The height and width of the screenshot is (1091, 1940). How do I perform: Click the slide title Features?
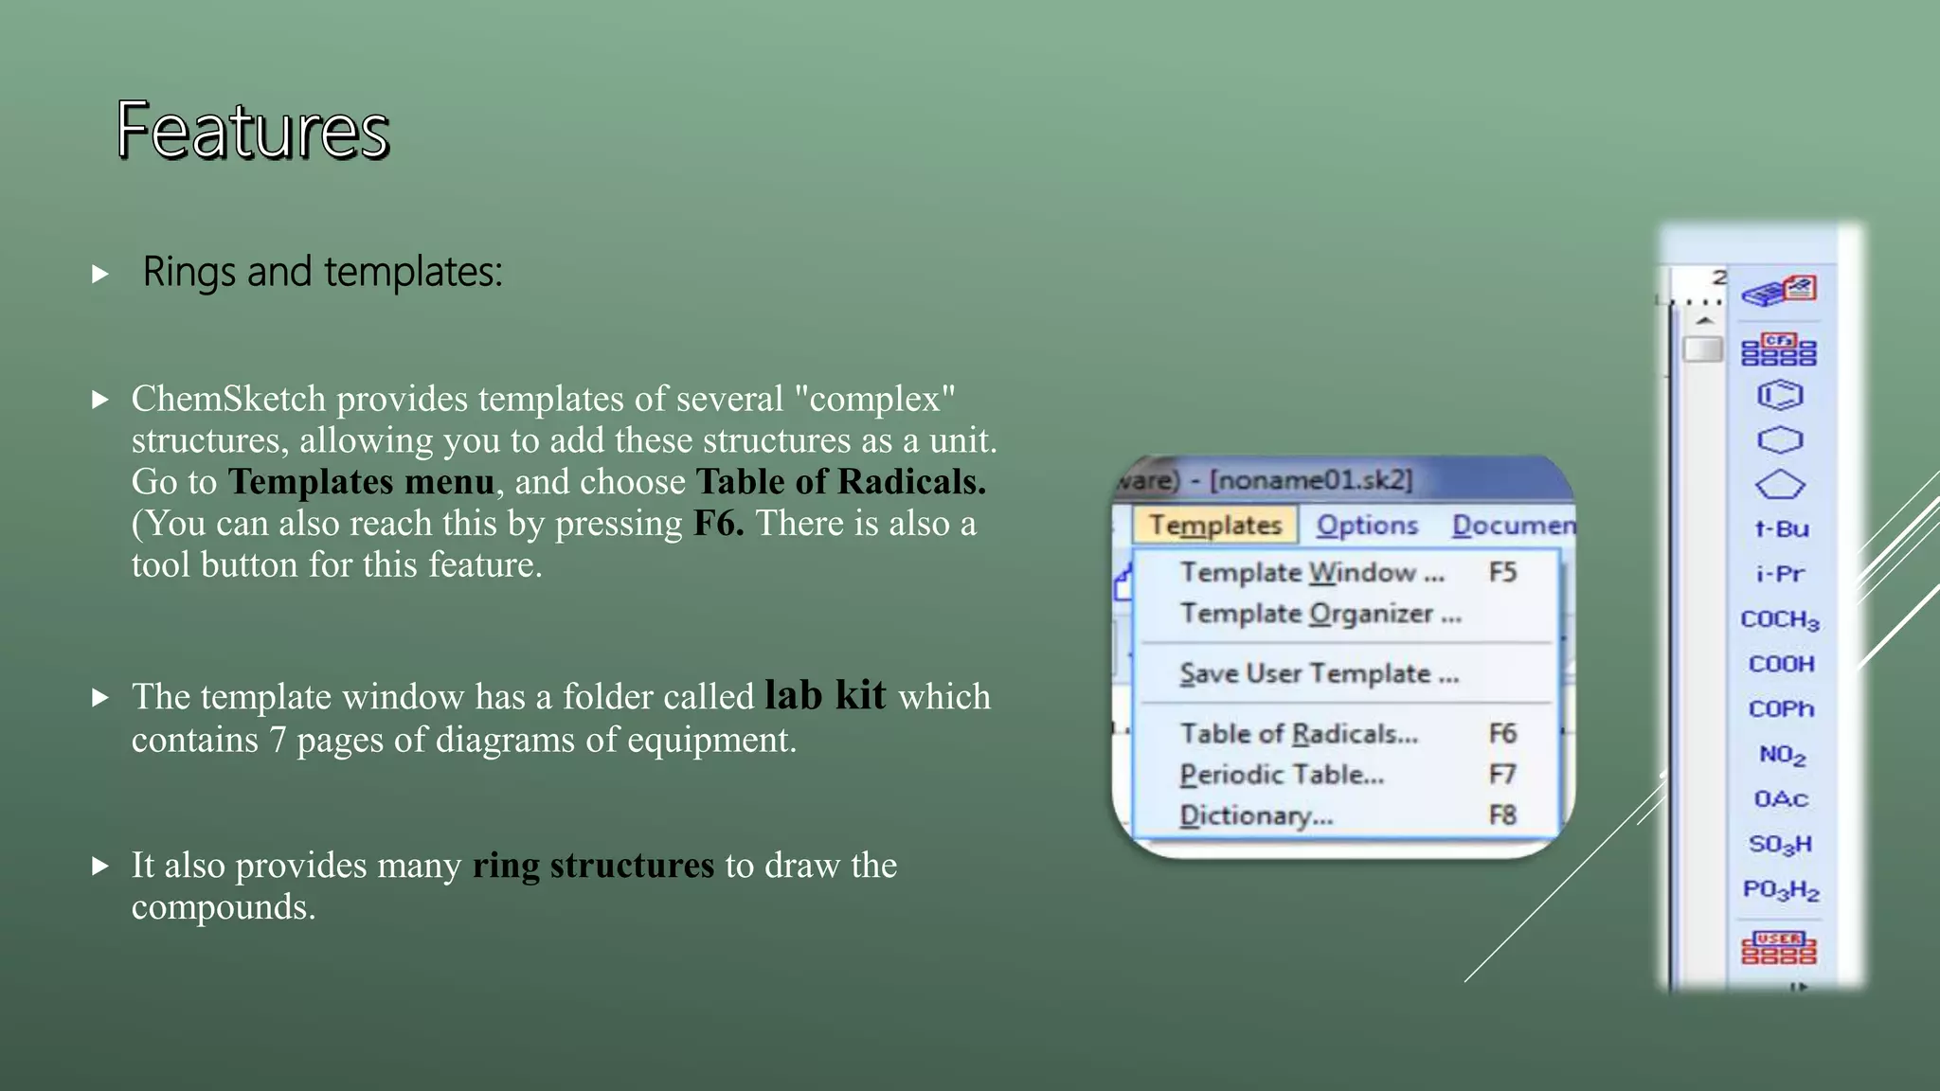253,131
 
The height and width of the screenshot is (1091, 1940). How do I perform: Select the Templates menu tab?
1214,525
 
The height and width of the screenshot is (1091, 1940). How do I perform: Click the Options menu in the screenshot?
1367,525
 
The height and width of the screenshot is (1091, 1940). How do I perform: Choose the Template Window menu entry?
1312,572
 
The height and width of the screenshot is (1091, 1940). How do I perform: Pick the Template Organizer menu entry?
1320,614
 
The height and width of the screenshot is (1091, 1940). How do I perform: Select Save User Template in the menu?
1319,673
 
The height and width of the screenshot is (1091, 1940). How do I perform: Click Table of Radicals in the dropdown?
1299,733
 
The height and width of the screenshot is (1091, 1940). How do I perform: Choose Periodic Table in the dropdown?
1282,775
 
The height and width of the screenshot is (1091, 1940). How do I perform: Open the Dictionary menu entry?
1256,815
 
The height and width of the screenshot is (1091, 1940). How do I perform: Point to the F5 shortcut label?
1502,572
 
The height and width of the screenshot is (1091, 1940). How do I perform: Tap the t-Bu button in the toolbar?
1781,529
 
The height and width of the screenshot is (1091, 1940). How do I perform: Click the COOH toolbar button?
1781,664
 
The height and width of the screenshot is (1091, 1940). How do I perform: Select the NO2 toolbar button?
1782,755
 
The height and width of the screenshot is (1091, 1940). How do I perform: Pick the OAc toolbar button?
1781,799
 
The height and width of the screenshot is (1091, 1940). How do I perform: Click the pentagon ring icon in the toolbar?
1780,485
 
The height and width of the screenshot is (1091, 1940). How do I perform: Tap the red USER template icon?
1779,947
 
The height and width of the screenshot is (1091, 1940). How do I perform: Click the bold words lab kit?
825,695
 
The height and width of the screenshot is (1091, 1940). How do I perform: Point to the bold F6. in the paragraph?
718,524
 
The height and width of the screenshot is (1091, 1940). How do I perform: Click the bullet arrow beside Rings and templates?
100,275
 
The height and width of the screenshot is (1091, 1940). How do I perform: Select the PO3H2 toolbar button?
1781,890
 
